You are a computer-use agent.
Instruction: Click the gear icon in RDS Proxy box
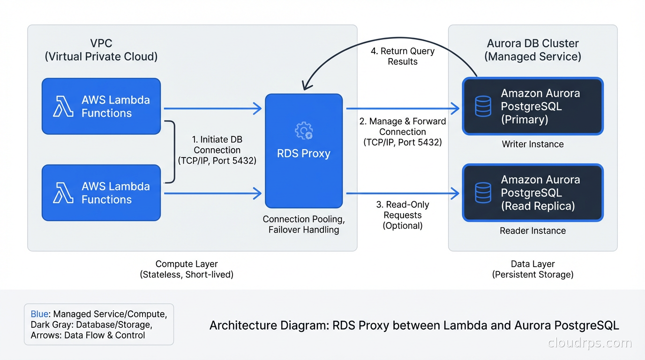[304, 131]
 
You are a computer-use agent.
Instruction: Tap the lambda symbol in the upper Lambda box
[63, 106]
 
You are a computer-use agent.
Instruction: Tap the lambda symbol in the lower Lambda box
[63, 193]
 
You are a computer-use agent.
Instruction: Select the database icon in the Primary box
[483, 106]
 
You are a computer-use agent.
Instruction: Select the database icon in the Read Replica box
[483, 193]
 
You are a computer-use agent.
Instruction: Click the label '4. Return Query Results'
[403, 56]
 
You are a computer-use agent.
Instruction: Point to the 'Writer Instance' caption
[532, 144]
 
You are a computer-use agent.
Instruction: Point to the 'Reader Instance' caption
[532, 231]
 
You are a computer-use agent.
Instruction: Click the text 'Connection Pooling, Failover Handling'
[304, 225]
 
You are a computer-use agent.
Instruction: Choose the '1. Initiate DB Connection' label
[217, 150]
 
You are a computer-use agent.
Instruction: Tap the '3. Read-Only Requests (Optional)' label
[403, 215]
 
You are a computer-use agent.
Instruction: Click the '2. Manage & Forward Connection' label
[403, 132]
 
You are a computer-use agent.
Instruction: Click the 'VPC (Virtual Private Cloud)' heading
[101, 50]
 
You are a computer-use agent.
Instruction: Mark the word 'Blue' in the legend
[39, 314]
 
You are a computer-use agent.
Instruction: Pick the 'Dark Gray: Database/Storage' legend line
[91, 324]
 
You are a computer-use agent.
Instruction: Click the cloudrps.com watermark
[590, 343]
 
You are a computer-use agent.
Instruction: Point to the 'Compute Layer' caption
[187, 264]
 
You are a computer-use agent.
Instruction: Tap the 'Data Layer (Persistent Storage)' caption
[532, 270]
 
